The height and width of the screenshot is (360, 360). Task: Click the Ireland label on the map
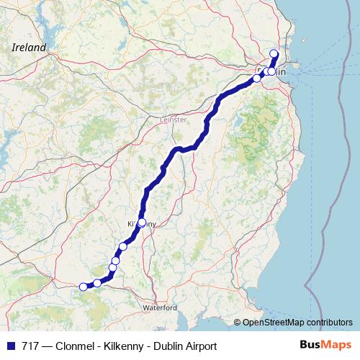coord(29,48)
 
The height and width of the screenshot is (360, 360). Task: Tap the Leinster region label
coord(173,119)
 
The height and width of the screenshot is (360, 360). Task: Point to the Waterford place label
coord(160,307)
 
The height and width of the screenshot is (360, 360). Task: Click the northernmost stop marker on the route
coord(274,53)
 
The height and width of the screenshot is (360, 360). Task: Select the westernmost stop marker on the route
coord(84,287)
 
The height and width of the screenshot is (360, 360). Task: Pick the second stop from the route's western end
coord(97,283)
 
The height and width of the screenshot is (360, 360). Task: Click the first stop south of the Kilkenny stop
coord(123,246)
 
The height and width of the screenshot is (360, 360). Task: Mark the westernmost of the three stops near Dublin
coord(256,78)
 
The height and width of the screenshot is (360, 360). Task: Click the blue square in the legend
coord(10,346)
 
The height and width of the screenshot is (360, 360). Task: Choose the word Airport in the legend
coord(199,346)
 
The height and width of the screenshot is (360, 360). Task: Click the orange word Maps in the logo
coord(333,346)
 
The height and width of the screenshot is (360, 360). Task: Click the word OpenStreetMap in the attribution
coord(274,322)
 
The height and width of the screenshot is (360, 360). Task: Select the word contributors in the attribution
coord(330,322)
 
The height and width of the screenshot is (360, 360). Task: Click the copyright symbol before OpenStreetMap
coord(238,322)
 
